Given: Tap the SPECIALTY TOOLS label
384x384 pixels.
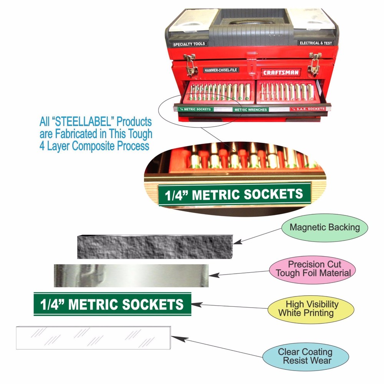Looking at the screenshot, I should (189, 44).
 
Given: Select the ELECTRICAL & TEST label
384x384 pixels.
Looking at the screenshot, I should (316, 43).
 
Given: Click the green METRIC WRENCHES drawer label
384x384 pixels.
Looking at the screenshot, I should (251, 110).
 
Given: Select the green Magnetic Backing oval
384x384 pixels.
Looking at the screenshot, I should (324, 227).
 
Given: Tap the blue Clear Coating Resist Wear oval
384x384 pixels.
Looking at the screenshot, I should (305, 356).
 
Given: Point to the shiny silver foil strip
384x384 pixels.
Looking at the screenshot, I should (131, 275).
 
